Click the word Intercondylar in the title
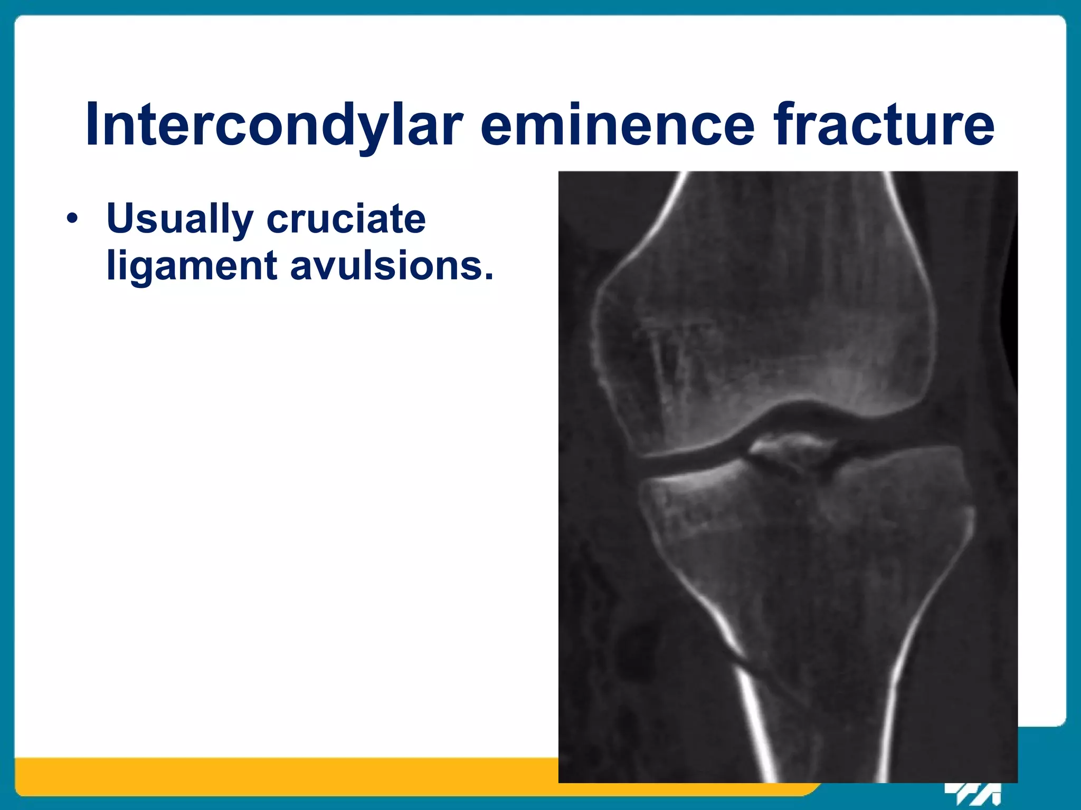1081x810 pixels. (x=274, y=125)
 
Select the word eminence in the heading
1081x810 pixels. (x=618, y=125)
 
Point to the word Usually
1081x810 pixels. (x=179, y=218)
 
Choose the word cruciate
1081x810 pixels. (x=346, y=218)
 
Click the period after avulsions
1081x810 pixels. (x=488, y=276)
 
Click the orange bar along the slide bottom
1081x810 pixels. (x=264, y=776)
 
